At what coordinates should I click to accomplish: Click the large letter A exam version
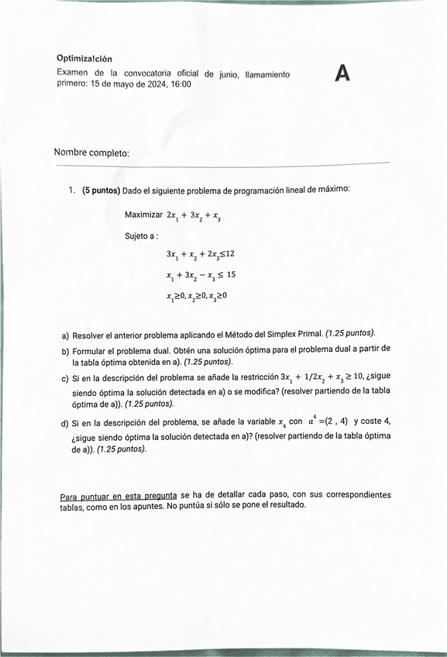coord(342,74)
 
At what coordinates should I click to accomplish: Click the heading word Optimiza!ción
coord(84,58)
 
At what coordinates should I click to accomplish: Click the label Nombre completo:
coord(91,153)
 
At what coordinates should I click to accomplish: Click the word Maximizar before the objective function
coord(143,214)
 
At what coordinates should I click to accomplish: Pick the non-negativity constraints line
coord(196,295)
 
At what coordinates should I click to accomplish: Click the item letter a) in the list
coord(65,336)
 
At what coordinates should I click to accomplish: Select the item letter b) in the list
coord(65,351)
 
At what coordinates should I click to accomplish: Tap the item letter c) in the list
coord(65,379)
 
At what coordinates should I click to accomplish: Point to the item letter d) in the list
coord(65,424)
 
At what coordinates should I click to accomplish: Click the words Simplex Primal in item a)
coord(295,335)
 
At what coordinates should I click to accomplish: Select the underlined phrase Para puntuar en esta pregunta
coord(119,494)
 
